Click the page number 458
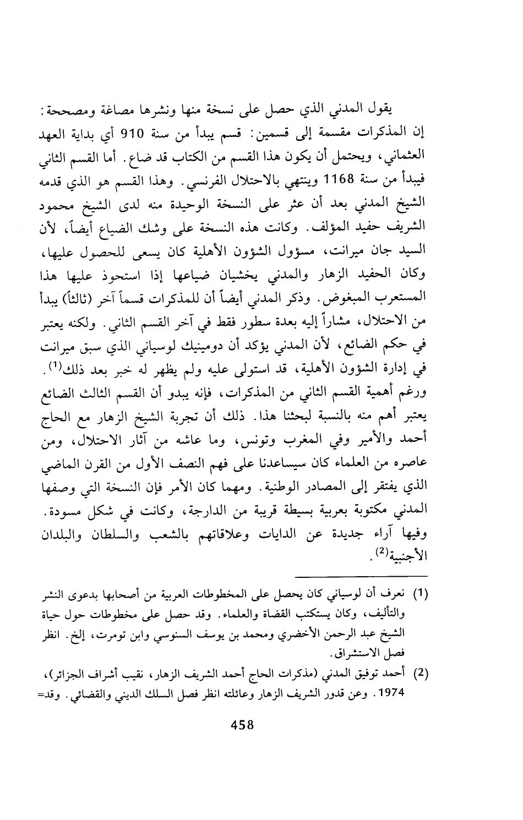tap(241, 725)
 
